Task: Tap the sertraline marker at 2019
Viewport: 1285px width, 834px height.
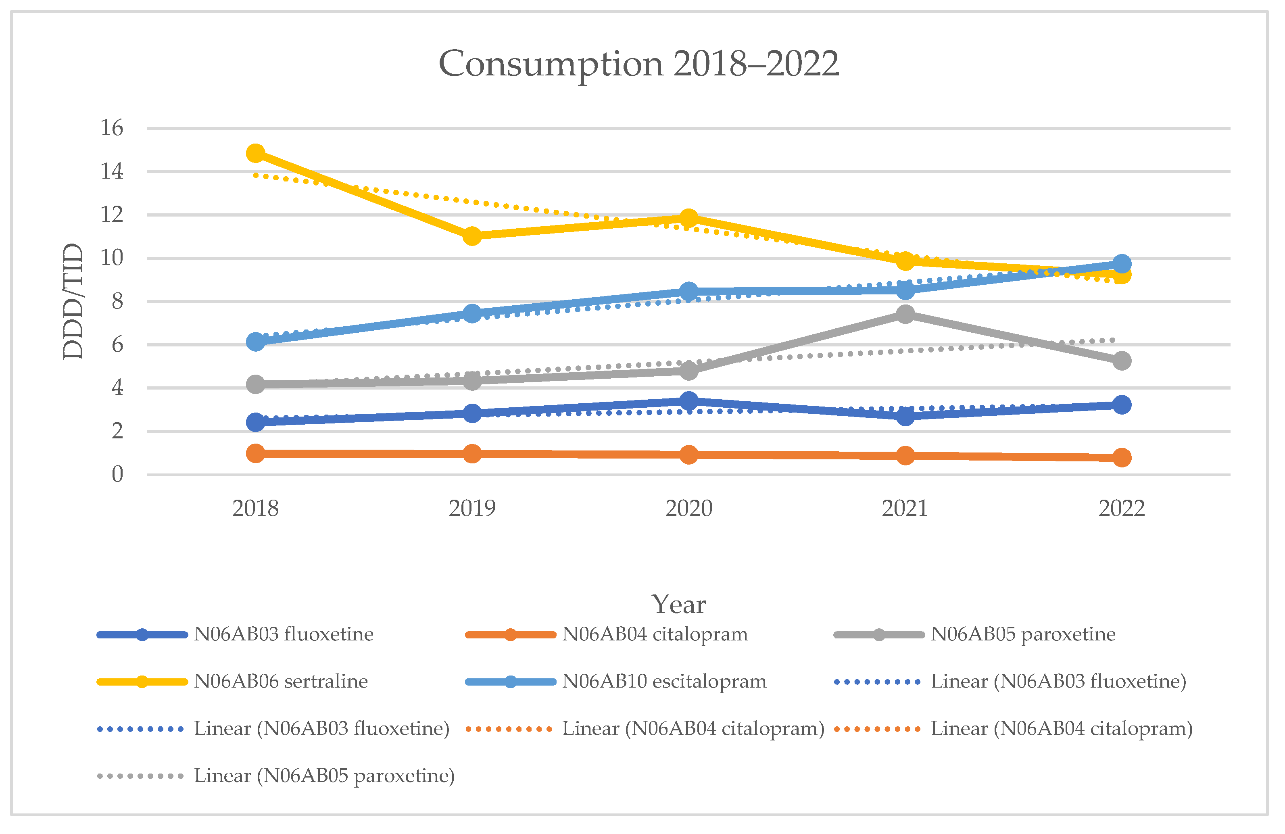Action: (472, 236)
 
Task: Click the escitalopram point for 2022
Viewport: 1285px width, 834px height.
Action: (1121, 264)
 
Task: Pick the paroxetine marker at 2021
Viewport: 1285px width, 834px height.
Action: (905, 314)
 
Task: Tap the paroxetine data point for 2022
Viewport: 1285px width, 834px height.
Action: (1121, 361)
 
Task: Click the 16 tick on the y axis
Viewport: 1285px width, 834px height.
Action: (112, 129)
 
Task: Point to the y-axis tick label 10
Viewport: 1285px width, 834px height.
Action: (112, 258)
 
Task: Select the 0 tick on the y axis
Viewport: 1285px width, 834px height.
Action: (117, 475)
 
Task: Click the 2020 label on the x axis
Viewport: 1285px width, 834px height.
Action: (688, 509)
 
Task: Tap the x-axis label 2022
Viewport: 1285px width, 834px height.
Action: (1121, 509)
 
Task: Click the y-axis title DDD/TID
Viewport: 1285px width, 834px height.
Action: (73, 301)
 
